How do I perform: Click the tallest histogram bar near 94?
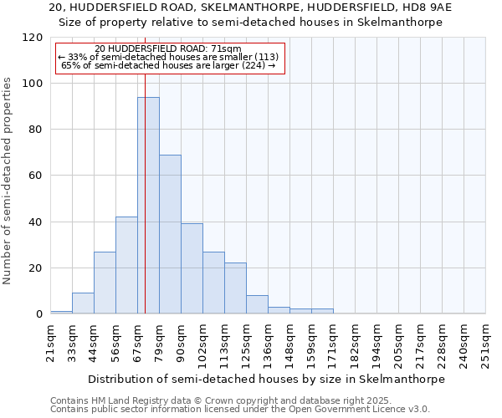(x=148, y=205)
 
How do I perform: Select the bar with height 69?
(x=170, y=234)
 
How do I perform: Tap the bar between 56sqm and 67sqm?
(x=126, y=265)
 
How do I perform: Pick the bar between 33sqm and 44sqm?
(x=83, y=303)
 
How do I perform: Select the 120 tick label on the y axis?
(x=33, y=38)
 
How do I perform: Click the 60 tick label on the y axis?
(x=36, y=176)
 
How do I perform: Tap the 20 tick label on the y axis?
(x=36, y=268)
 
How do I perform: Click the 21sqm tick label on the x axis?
(x=51, y=341)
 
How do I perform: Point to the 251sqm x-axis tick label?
(x=485, y=344)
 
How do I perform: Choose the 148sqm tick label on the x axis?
(x=289, y=344)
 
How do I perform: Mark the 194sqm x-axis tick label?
(x=376, y=344)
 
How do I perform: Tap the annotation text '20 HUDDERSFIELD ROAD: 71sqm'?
(x=168, y=49)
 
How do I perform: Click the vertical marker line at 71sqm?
(x=145, y=209)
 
